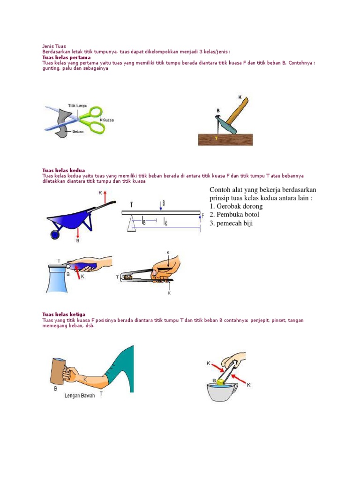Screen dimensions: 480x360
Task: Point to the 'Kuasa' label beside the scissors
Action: [x=108, y=120]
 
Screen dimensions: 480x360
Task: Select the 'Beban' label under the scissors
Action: [x=78, y=133]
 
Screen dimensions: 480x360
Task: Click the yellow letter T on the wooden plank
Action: [x=216, y=138]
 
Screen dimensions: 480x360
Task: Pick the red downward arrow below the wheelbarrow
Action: [x=77, y=232]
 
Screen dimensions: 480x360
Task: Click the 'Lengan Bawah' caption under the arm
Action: [x=80, y=396]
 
